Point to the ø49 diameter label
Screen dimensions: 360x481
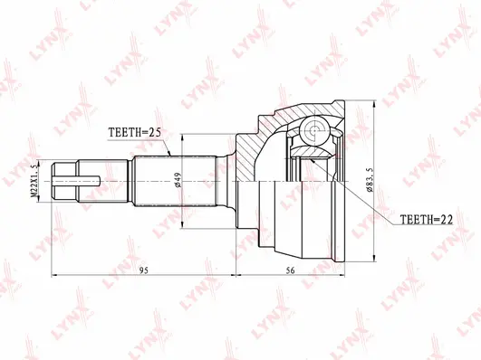click(x=181, y=179)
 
